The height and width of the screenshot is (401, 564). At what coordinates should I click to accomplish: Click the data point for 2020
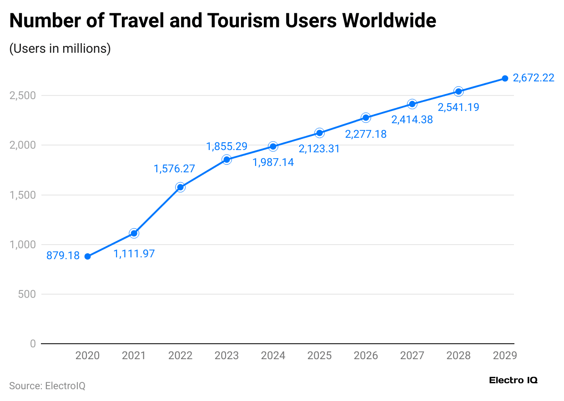coord(87,256)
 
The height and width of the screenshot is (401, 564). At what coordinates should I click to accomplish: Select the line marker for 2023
coord(227,160)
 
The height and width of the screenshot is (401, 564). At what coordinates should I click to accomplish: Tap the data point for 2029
coord(505,78)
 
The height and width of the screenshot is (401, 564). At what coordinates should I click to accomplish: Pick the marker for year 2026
coord(366,118)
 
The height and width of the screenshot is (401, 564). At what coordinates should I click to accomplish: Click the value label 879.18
coord(63,256)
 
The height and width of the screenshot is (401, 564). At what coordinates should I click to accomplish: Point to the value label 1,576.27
coord(174,169)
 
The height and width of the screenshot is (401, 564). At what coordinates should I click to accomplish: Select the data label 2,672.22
coord(534,78)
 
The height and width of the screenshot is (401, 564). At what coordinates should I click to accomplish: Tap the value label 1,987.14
coord(273,162)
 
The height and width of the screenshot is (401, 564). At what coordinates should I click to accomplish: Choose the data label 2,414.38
coord(412,120)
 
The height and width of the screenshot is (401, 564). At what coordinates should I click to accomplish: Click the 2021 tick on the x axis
coord(134,356)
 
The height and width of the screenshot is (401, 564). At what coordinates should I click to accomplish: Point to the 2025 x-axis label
coord(319,356)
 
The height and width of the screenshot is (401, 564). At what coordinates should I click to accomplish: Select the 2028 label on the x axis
coord(458,356)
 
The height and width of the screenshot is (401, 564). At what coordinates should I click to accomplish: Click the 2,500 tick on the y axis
coord(23,96)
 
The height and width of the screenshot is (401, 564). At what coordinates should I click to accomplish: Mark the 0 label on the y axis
coord(32,344)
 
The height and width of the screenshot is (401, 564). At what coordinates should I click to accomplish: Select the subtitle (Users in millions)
coord(60,49)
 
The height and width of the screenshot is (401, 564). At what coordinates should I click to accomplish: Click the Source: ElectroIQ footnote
coord(47,386)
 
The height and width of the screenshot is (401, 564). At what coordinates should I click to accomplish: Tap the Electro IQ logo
coord(513,381)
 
